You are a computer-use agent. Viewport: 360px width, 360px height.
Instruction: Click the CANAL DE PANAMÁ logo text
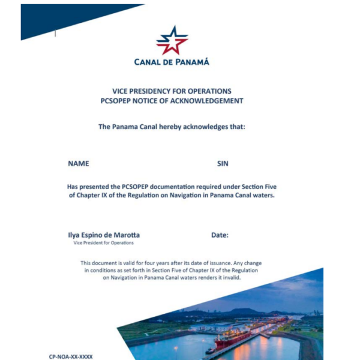[x=172, y=61]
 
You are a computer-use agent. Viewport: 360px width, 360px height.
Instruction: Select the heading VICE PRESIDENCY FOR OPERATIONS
[x=172, y=91]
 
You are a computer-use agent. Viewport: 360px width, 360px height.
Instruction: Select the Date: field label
[x=220, y=235]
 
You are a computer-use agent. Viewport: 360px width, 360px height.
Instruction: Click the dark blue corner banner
[x=60, y=18]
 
